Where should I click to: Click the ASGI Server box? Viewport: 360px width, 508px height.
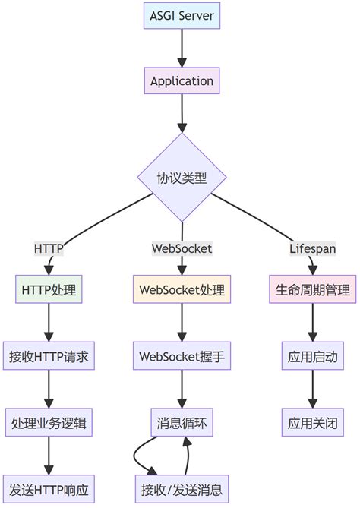point(182,17)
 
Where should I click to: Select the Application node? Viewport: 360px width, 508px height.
point(182,80)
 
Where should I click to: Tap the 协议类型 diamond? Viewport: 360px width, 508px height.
point(182,179)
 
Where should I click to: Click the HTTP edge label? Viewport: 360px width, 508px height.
point(49,248)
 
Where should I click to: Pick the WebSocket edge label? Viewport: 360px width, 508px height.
point(182,248)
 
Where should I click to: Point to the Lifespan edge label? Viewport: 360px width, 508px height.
point(312,248)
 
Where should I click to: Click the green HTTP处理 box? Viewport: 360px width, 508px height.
point(49,289)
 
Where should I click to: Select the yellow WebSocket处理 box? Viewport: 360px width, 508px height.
point(182,289)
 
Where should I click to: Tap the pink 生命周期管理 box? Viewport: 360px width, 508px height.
point(312,289)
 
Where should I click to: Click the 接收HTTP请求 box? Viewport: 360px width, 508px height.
point(49,355)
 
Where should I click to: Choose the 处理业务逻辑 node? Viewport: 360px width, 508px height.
point(49,421)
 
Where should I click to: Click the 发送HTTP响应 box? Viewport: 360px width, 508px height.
point(49,487)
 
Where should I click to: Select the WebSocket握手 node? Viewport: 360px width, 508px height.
point(182,355)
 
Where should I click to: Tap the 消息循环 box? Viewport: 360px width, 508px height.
point(182,421)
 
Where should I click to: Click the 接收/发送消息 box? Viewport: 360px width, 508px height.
point(182,487)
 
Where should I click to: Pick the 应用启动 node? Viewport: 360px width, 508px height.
point(312,355)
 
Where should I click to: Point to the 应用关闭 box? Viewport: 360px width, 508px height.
point(312,421)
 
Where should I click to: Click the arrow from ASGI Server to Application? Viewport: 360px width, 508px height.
point(182,49)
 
